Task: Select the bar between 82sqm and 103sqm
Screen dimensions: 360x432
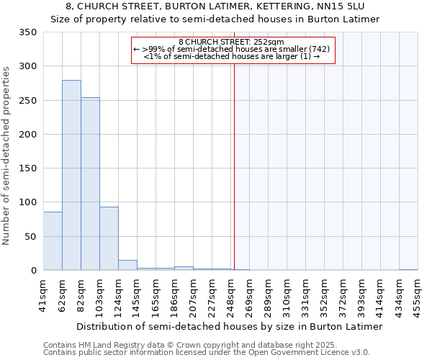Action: click(90, 184)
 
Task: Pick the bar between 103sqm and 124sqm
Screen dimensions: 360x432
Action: click(109, 238)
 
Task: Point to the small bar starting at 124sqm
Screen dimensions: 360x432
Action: click(127, 265)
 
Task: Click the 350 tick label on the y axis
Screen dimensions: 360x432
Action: click(27, 32)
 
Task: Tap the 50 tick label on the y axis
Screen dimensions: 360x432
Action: click(30, 236)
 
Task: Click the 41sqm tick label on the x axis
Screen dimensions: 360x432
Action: click(43, 295)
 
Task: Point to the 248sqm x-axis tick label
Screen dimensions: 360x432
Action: click(230, 295)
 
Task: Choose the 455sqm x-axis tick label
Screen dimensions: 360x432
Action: click(418, 295)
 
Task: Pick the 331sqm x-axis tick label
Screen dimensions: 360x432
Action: click(305, 295)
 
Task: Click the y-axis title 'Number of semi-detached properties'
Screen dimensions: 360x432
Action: click(7, 156)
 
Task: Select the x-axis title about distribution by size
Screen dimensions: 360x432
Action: click(230, 326)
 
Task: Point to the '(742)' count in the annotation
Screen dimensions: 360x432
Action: click(320, 49)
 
